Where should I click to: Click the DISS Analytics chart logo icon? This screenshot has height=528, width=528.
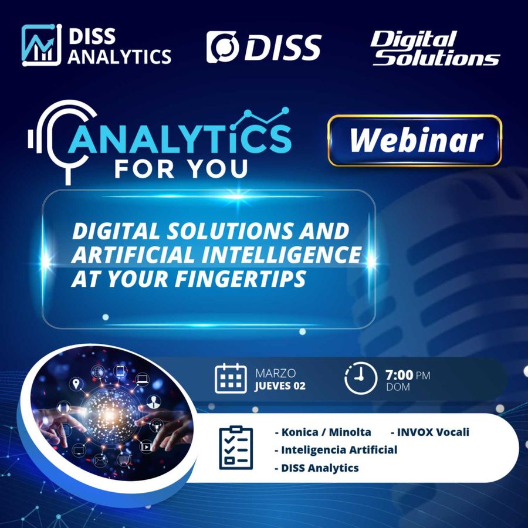(42, 45)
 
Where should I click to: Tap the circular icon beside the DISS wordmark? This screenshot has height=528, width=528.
(222, 47)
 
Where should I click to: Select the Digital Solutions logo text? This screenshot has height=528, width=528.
(435, 48)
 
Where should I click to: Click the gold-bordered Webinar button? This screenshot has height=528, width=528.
(415, 140)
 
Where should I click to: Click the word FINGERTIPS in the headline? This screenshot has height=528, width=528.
(241, 279)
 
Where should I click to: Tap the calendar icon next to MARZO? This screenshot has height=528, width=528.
(231, 378)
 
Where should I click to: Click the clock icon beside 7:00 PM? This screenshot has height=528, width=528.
(361, 378)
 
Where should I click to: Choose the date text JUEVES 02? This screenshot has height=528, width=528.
(280, 386)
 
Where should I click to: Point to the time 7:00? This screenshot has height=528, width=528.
(400, 374)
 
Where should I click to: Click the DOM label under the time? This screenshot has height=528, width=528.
(398, 387)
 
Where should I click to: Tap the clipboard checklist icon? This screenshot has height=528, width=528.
(236, 448)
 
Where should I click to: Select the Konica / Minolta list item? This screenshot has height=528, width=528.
(323, 432)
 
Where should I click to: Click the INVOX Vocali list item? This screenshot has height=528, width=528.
(430, 432)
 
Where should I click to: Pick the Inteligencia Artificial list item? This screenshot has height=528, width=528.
(336, 450)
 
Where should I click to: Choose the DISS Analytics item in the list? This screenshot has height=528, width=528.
(317, 468)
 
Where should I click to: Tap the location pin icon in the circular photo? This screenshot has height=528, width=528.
(76, 384)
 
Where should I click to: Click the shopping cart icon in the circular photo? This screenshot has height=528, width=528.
(124, 459)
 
